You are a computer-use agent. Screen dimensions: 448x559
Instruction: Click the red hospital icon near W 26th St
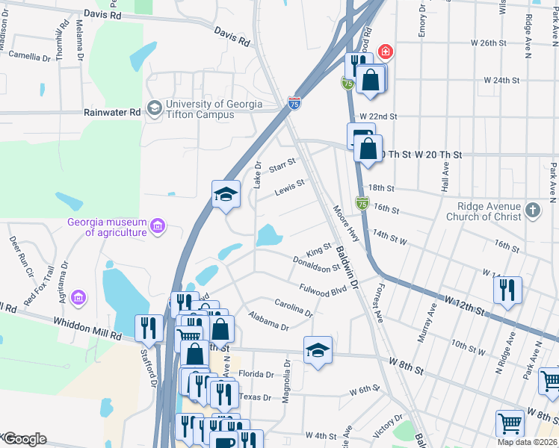point(385,52)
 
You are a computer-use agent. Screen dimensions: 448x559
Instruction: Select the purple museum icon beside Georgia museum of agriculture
point(157,225)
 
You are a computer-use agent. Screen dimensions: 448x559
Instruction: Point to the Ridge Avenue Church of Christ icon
point(532,210)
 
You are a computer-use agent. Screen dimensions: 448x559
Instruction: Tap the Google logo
point(24,439)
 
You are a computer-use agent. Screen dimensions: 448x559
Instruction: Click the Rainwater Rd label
point(113,113)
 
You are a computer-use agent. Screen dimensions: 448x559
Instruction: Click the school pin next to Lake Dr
point(226,195)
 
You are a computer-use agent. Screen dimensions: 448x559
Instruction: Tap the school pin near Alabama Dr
point(318,350)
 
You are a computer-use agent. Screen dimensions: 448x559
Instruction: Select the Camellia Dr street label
point(29,55)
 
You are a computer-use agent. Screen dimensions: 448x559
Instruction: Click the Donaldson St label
point(316,262)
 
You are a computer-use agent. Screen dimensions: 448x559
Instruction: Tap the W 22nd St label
point(377,116)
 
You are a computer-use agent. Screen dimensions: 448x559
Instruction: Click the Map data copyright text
point(526,442)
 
